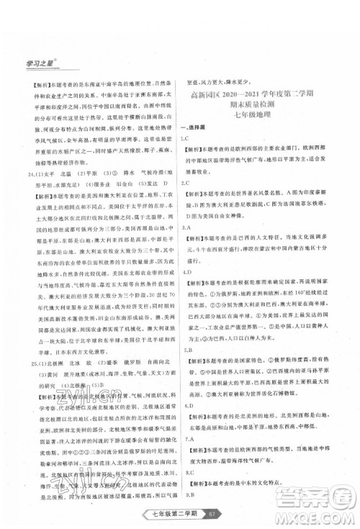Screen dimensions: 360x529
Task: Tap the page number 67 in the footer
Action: [x=228, y=512]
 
